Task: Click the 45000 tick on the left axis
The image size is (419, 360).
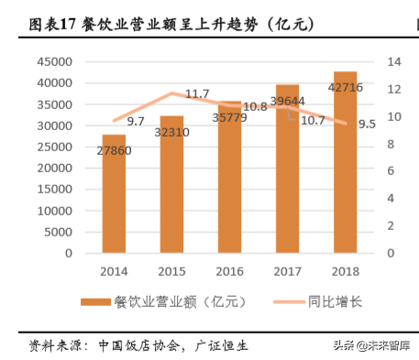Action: point(53,61)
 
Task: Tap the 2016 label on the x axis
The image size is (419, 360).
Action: point(229,271)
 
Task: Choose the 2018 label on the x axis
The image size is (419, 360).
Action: point(345,271)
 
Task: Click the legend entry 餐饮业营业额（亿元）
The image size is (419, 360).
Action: point(161,302)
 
